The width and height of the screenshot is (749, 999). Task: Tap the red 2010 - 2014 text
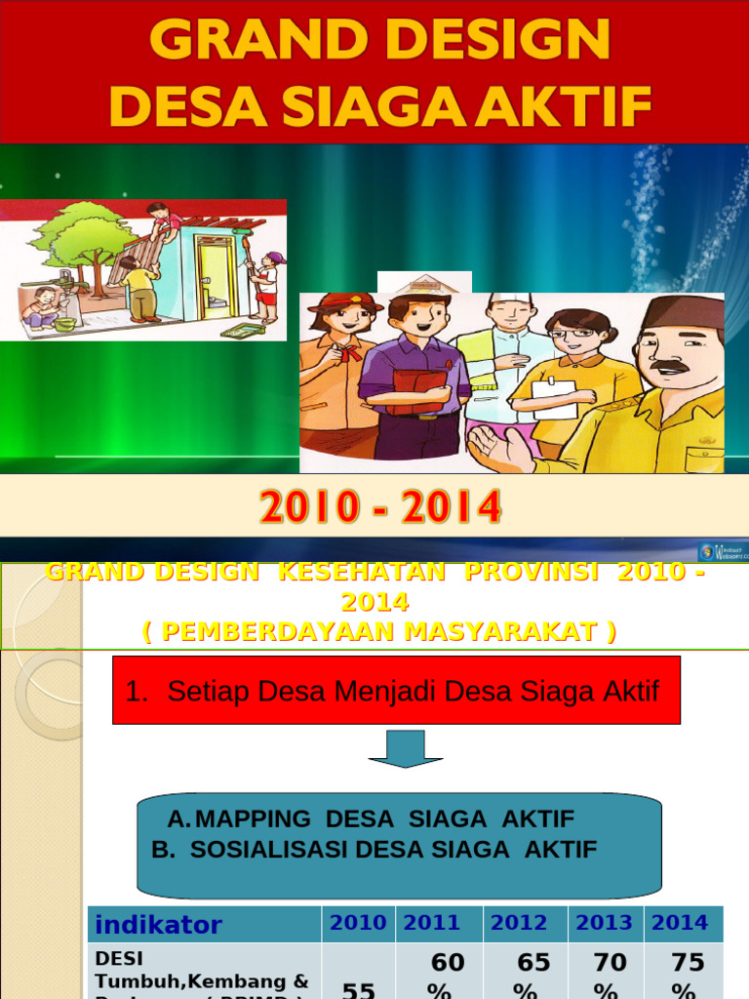point(380,507)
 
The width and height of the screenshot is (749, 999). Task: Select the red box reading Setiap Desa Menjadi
point(396,691)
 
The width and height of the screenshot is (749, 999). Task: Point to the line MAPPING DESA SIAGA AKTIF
point(372,819)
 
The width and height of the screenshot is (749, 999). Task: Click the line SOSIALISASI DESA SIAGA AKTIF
point(374,849)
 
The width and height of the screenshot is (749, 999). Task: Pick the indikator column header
point(159,925)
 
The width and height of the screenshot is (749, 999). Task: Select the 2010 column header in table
point(358,923)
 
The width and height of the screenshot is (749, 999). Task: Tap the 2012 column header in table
point(519,923)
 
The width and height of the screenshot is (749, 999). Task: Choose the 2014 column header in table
point(680,923)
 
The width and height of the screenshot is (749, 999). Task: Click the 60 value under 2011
point(448,963)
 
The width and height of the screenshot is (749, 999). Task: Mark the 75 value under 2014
point(688,963)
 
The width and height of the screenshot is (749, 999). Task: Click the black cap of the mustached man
point(685,312)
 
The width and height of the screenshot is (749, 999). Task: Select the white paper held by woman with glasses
point(554,400)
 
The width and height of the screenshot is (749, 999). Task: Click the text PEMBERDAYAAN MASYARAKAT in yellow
point(379,632)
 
